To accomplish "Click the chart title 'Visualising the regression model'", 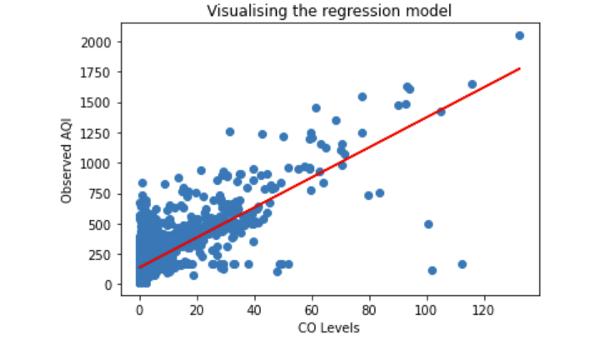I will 328,12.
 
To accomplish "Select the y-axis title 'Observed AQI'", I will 67,162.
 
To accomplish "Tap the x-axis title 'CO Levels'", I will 328,327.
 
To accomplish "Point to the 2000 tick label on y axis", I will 107,42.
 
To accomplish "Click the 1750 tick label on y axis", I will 107,72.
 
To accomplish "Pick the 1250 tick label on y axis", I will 107,133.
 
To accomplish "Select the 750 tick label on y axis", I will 111,194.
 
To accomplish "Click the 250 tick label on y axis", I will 111,254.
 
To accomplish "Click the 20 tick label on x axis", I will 197,309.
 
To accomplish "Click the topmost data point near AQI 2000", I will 519,36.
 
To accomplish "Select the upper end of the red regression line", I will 519,69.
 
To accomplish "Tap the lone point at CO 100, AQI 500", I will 428,224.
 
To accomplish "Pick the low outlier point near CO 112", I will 462,264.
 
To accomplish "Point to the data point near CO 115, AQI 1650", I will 472,84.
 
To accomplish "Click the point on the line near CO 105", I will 441,112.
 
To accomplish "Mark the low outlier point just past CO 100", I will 432,270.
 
